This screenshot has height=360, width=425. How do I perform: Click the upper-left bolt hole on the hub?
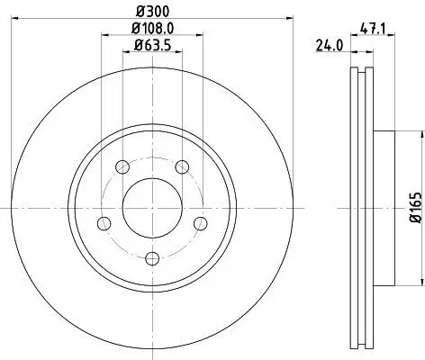coord(120,165)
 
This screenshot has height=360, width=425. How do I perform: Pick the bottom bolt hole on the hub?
coord(150,260)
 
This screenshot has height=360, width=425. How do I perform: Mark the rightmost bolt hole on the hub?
coord(200,223)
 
